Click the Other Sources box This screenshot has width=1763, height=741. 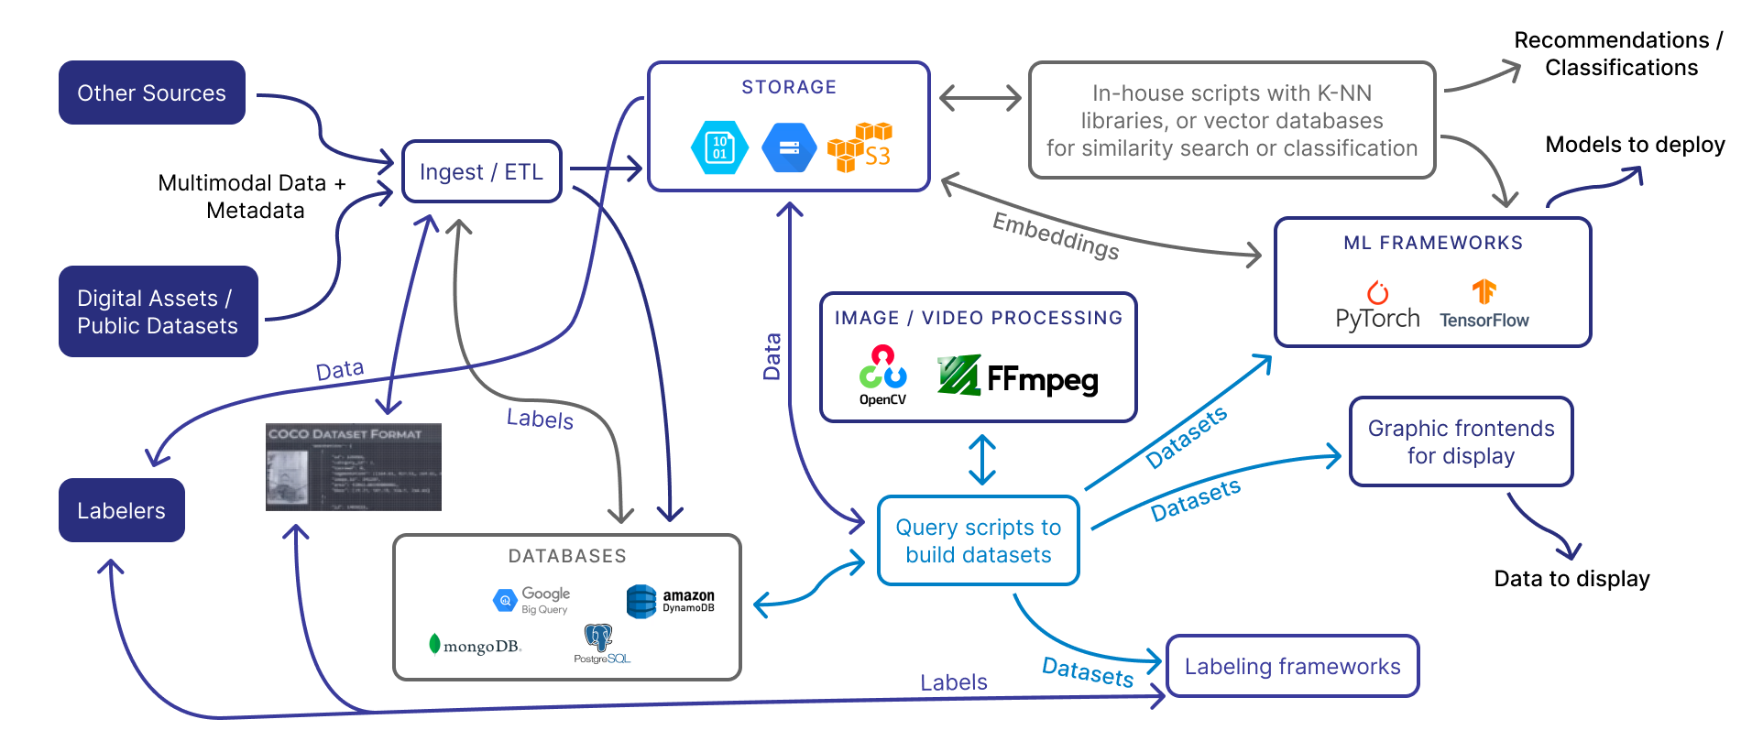(151, 93)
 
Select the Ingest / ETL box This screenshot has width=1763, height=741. (481, 171)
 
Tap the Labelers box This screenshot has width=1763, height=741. (121, 510)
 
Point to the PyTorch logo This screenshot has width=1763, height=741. (1377, 307)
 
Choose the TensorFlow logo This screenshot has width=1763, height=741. (1484, 305)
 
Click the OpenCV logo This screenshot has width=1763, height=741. (882, 375)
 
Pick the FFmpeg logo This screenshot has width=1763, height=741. (1017, 376)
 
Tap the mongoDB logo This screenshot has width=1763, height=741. (475, 645)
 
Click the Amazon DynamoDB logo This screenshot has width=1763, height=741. (670, 601)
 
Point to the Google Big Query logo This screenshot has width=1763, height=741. (531, 600)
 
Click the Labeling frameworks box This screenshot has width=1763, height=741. (1292, 666)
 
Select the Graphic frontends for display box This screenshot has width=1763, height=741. (1461, 441)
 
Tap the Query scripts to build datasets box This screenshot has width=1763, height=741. (978, 540)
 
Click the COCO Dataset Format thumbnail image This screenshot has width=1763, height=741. (354, 466)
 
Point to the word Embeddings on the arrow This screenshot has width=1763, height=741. (1056, 235)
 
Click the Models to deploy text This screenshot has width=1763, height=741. (1635, 145)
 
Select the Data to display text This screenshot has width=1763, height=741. (1571, 579)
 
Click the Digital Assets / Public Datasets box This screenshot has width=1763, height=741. (158, 311)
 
